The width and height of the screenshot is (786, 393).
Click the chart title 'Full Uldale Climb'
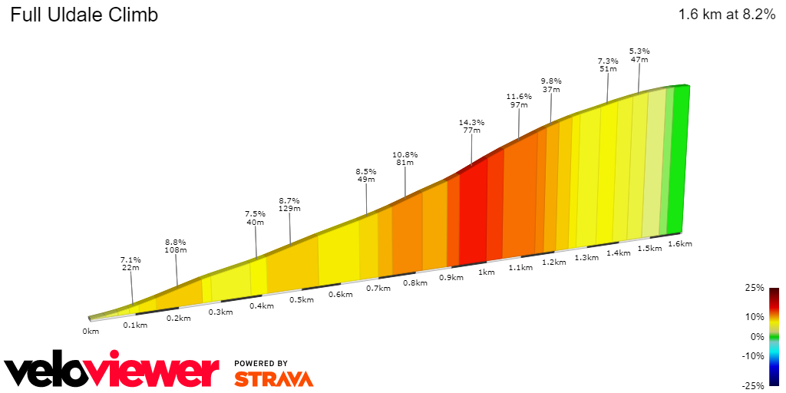84,15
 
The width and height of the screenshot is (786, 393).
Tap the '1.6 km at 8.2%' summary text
726,15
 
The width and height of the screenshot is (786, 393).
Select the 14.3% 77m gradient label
471,127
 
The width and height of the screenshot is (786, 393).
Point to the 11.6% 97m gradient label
519,101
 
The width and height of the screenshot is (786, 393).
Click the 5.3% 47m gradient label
639,55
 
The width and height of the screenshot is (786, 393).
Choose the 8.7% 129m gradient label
289,205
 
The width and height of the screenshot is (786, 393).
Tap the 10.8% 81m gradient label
405,159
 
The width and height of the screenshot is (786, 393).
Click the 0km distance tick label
91,332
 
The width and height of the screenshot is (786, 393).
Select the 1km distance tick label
486,272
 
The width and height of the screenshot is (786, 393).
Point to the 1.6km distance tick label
680,244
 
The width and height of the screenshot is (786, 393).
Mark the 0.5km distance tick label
302,300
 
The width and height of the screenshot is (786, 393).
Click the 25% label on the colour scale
755,288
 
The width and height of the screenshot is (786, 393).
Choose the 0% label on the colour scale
758,336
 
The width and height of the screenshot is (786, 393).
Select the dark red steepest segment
473,215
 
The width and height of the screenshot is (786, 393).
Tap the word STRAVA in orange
273,378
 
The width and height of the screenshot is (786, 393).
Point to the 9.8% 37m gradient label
551,85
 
